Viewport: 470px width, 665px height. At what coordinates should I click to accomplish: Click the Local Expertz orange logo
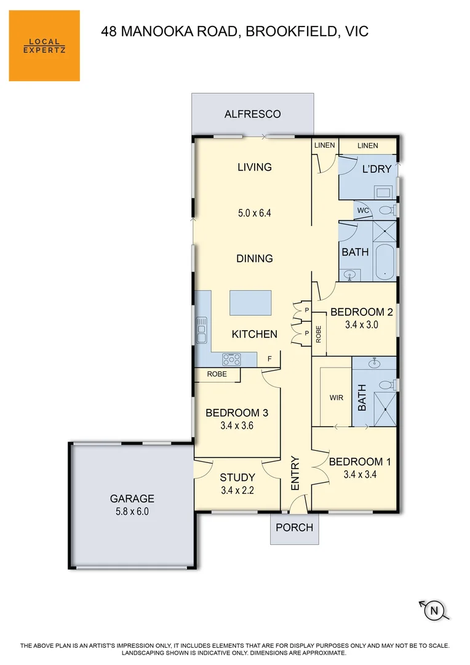[44, 46]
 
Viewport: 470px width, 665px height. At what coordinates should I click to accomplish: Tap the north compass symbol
[434, 610]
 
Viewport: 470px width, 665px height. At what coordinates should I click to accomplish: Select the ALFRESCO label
[252, 114]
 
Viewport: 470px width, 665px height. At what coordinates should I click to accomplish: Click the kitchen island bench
[250, 303]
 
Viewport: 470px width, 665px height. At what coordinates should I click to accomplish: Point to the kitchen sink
[201, 331]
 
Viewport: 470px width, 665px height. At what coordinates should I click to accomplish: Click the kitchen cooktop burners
[231, 358]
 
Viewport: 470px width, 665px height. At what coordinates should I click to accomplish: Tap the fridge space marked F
[269, 358]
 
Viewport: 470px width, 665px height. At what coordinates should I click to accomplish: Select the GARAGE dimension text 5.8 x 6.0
[132, 511]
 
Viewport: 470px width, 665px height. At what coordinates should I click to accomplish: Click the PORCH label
[294, 528]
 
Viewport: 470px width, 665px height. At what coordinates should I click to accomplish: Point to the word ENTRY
[295, 474]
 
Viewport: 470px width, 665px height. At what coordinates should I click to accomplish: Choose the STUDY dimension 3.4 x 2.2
[237, 491]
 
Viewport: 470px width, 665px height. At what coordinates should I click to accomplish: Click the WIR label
[336, 398]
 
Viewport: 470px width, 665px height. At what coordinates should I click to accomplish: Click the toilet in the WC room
[386, 211]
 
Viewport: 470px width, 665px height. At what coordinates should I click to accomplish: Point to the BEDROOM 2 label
[361, 312]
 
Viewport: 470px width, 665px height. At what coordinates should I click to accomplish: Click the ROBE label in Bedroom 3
[217, 374]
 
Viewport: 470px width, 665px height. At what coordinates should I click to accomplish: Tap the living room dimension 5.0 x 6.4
[254, 213]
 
